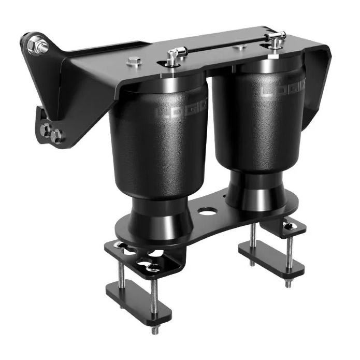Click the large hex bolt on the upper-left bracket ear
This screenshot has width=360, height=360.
pyautogui.click(x=38, y=47)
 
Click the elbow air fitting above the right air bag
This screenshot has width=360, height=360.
pyautogui.click(x=276, y=38)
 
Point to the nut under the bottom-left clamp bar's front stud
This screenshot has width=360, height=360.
pyautogui.click(x=154, y=330)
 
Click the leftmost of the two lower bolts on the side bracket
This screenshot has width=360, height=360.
pyautogui.click(x=46, y=130)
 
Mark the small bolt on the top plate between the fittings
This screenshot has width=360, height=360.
pyautogui.click(x=239, y=48)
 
